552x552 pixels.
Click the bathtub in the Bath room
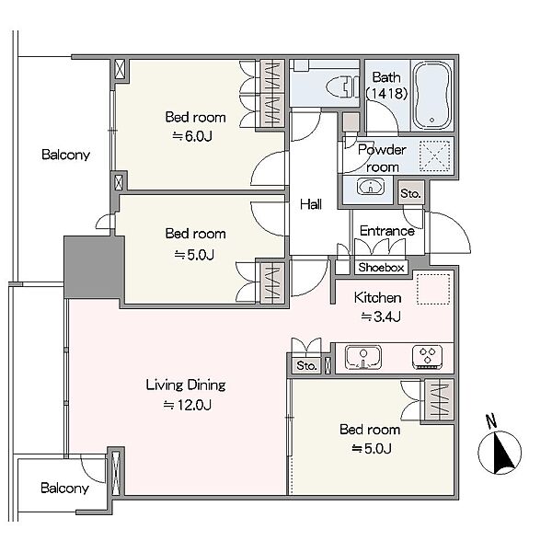click(432, 96)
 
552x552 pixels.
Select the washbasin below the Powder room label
click(371, 186)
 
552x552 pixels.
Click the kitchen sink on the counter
click(363, 357)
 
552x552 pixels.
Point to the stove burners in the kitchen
click(428, 357)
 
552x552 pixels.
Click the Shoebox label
click(381, 268)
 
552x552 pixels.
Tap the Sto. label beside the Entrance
click(410, 193)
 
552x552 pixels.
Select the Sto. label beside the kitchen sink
click(306, 366)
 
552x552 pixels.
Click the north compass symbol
click(500, 453)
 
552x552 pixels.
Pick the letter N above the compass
click(491, 420)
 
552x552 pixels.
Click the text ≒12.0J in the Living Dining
click(188, 405)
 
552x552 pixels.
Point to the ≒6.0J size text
click(192, 136)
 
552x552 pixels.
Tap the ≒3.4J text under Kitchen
click(381, 316)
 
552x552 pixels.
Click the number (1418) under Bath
click(386, 93)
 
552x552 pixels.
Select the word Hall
click(311, 204)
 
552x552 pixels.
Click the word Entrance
click(387, 231)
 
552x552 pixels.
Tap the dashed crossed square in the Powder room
click(435, 156)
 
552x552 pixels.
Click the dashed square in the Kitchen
click(433, 288)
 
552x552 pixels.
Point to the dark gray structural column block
click(94, 267)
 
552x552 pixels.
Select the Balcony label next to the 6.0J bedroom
click(65, 155)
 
